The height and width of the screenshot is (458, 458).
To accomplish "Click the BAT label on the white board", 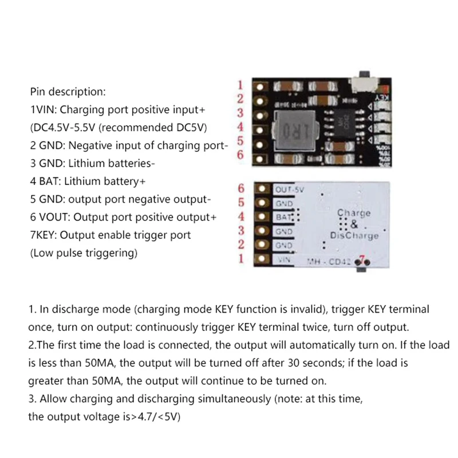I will pos(284,218).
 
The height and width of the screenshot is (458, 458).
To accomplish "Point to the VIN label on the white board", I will pos(283,260).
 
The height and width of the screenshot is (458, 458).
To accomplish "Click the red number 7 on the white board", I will pos(361,259).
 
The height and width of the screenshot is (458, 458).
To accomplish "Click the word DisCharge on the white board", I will pos(354,235).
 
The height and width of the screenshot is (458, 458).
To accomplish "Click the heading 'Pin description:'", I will pos(68,92).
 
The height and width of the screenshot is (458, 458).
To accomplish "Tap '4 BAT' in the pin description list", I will pos(44,181).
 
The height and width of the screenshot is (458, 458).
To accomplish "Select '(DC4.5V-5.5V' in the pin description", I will pos(58,127).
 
